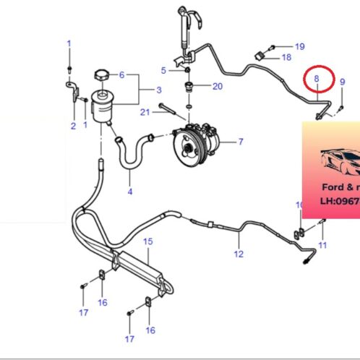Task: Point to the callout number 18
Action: point(286,57)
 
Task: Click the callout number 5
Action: point(164,70)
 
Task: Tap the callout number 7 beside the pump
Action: point(240,141)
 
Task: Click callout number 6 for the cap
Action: point(122,74)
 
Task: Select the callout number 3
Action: point(158,90)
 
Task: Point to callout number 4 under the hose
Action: point(130,192)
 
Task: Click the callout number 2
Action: point(73,127)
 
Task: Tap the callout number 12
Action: point(239,254)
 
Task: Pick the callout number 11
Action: point(322,246)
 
